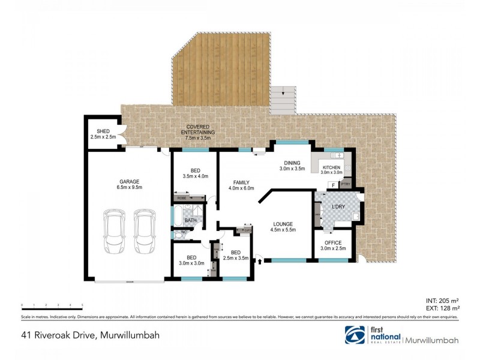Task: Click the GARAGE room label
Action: pyautogui.click(x=129, y=181)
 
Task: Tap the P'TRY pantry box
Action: pyautogui.click(x=345, y=184)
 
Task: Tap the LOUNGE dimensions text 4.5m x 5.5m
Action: pyautogui.click(x=284, y=230)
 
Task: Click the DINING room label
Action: pyautogui.click(x=292, y=163)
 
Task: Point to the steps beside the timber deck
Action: pyautogui.click(x=283, y=100)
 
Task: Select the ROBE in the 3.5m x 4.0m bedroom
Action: pyautogui.click(x=181, y=197)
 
